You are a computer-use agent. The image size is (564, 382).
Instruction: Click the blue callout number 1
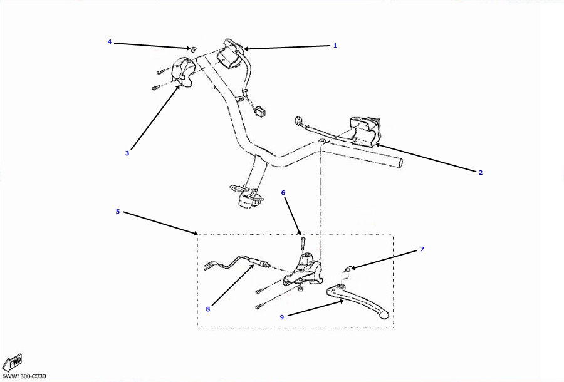pyautogui.click(x=335, y=46)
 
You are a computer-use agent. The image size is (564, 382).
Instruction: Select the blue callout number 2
pyautogui.click(x=481, y=172)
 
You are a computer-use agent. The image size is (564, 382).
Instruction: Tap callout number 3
pyautogui.click(x=127, y=153)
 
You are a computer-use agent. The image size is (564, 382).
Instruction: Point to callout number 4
pyautogui.click(x=110, y=42)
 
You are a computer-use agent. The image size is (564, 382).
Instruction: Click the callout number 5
pyautogui.click(x=118, y=211)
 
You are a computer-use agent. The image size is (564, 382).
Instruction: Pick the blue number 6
pyautogui.click(x=283, y=193)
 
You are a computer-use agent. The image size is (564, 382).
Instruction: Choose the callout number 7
pyautogui.click(x=422, y=249)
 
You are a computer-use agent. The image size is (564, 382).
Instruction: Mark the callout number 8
pyautogui.click(x=208, y=309)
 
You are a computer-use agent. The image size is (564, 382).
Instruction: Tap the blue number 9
pyautogui.click(x=282, y=317)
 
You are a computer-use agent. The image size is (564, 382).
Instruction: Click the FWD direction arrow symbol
pyautogui.click(x=14, y=362)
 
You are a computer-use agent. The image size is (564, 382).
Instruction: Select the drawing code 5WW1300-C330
pyautogui.click(x=24, y=376)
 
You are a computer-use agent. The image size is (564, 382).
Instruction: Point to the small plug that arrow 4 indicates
pyautogui.click(x=193, y=49)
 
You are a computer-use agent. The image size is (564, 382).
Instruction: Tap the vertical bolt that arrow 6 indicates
pyautogui.click(x=302, y=244)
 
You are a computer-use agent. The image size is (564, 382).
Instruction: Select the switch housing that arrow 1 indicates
pyautogui.click(x=230, y=54)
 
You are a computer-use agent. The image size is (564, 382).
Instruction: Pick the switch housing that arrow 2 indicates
pyautogui.click(x=365, y=131)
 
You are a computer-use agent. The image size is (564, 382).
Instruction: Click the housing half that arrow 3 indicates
pyautogui.click(x=184, y=73)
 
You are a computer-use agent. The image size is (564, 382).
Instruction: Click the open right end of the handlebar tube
pyautogui.click(x=400, y=163)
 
